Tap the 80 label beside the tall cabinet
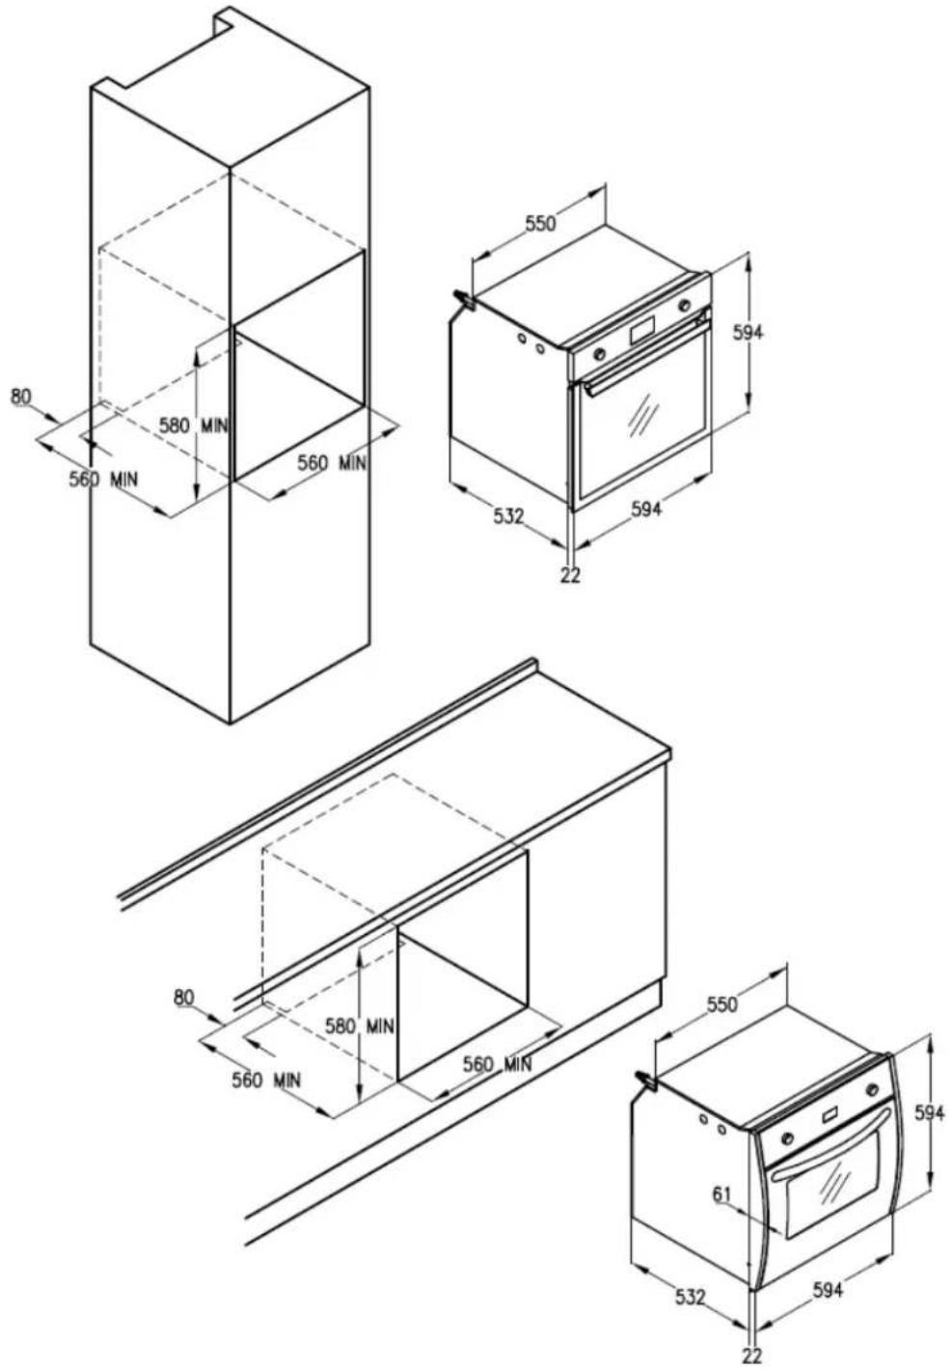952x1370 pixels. point(21,397)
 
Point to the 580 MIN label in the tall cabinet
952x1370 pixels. point(193,425)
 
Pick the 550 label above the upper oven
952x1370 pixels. point(541,223)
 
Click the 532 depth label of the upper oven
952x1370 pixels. point(508,516)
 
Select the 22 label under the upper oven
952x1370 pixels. point(570,576)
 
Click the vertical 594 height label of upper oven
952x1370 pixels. point(749,332)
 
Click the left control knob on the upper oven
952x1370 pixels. point(600,353)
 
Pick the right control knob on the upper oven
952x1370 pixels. point(685,304)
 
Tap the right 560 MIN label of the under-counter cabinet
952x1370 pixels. point(497,1065)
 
